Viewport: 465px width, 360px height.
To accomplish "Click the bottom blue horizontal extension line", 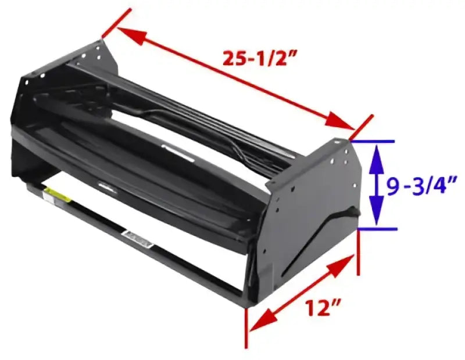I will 378,229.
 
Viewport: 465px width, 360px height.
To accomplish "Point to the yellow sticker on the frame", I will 59,195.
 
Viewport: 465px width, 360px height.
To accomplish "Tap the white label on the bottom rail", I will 138,237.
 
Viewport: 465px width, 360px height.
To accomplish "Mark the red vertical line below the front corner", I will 248,327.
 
